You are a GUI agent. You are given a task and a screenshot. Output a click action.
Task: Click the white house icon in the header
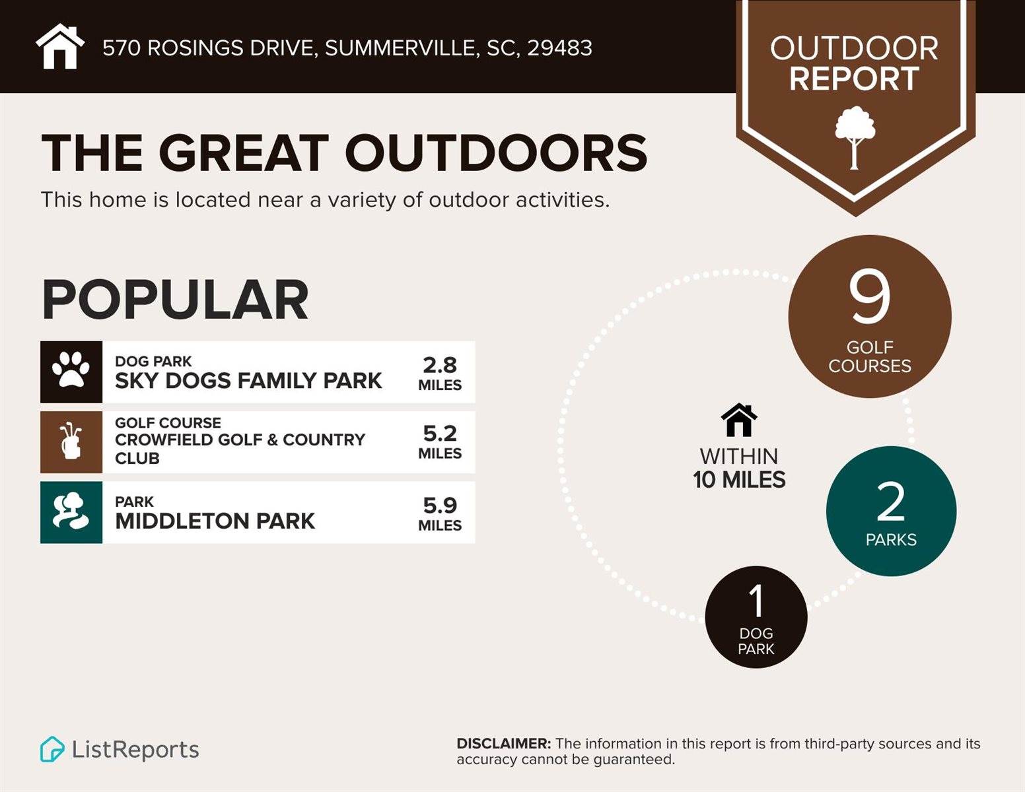pos(60,47)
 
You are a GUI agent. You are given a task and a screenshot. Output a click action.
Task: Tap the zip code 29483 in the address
pos(559,48)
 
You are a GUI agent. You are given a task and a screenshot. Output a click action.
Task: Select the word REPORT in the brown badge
pos(854,79)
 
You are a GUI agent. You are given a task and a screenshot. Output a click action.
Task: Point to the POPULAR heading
pos(175,300)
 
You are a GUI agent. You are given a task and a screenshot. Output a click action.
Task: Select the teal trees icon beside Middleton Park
pos(71,512)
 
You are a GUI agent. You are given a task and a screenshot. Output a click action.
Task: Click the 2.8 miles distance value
pos(440,372)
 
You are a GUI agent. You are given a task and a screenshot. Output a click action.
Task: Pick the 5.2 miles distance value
pos(440,442)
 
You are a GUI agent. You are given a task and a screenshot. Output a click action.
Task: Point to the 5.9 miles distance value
pos(440,513)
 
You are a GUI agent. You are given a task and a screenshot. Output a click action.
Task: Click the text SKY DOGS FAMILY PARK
pos(248,381)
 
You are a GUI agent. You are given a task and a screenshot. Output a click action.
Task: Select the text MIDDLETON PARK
pos(215,521)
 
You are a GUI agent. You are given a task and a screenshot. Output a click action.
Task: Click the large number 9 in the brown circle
pos(869,298)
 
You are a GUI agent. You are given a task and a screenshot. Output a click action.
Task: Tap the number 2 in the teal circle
pos(890,502)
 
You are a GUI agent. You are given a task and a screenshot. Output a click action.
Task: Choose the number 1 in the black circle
pos(756,601)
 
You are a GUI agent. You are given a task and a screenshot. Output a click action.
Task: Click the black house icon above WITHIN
pos(739,420)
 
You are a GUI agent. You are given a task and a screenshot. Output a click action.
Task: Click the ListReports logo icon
pos(52,750)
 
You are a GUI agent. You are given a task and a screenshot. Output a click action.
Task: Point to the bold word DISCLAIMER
pos(503,744)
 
